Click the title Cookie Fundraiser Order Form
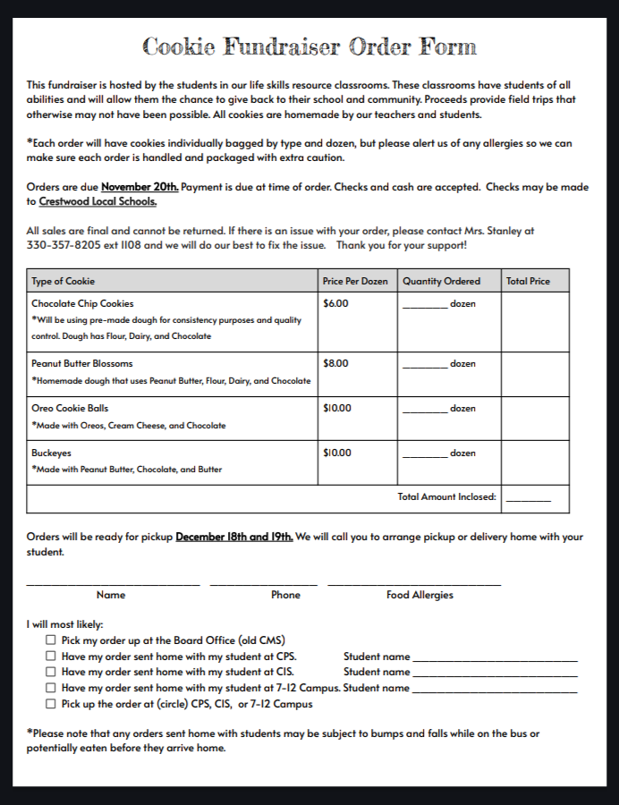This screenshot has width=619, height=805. (x=309, y=47)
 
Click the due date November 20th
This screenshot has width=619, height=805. (x=140, y=187)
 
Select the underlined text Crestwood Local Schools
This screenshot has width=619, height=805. (x=98, y=202)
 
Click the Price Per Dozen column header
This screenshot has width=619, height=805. (x=355, y=281)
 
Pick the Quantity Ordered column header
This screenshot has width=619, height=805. (x=441, y=281)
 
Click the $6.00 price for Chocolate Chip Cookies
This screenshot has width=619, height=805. (x=335, y=304)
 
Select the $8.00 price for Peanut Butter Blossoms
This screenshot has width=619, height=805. (x=335, y=364)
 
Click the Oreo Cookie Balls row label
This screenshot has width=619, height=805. (x=70, y=409)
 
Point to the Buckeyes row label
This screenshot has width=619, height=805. (x=51, y=453)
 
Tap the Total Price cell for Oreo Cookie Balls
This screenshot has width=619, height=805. (x=534, y=418)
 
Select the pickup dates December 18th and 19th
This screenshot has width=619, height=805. (x=233, y=538)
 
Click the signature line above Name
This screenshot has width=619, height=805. (x=113, y=584)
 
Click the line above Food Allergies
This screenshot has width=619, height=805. (x=413, y=584)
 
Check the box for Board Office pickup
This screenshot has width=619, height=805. (x=51, y=640)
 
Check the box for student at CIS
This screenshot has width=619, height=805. (x=51, y=672)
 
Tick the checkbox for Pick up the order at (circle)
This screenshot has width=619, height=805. (x=51, y=704)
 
